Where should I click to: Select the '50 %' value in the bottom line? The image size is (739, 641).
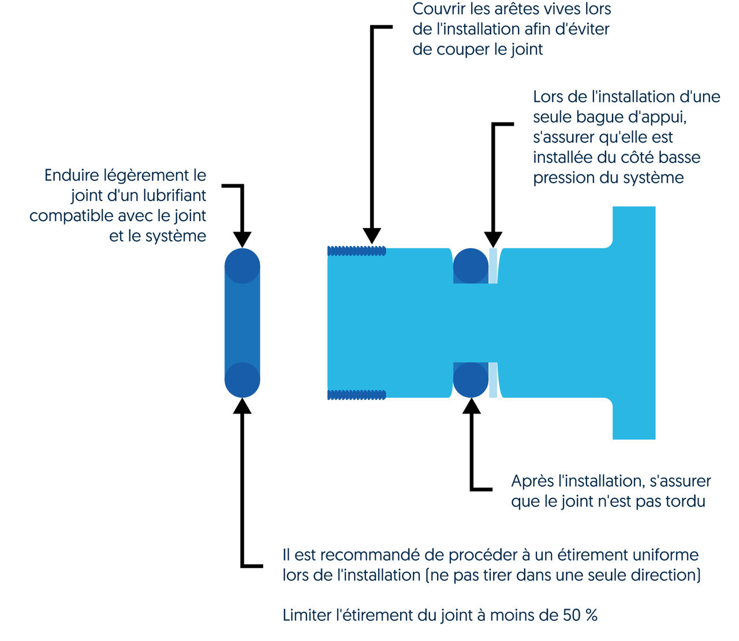click(580, 615)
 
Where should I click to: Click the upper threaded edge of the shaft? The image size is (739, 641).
click(356, 251)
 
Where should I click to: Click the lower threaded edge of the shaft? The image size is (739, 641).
click(356, 395)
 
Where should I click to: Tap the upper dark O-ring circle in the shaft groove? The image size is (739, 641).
click(471, 266)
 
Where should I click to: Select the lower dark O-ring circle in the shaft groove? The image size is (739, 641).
click(471, 380)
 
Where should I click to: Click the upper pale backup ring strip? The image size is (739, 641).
click(493, 266)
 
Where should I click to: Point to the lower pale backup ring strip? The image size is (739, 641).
click(493, 380)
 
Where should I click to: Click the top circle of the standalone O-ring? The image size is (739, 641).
click(242, 266)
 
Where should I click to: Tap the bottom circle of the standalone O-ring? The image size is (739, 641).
click(242, 380)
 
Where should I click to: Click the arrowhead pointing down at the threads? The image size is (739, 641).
click(372, 236)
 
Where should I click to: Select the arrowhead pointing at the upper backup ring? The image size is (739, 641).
click(493, 239)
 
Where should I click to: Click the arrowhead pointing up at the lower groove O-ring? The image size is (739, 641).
click(472, 406)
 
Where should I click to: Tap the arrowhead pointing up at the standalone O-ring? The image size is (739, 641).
click(242, 406)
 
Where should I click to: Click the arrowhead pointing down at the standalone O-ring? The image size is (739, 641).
click(242, 239)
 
